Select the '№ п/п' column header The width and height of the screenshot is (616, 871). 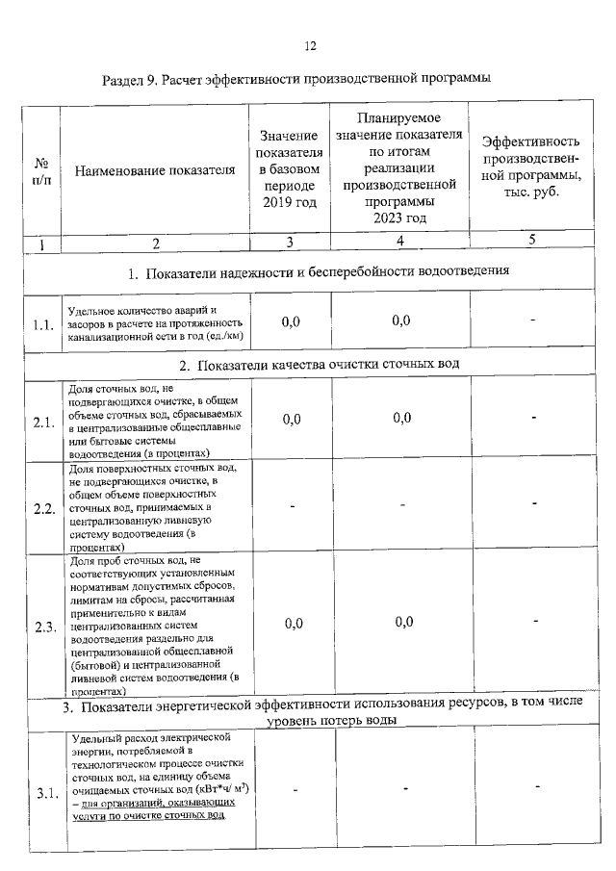click(41, 171)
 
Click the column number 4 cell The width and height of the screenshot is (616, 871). click(399, 241)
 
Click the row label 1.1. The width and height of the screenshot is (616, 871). click(41, 325)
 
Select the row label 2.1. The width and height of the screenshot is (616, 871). click(41, 422)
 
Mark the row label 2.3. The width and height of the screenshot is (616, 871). click(41, 627)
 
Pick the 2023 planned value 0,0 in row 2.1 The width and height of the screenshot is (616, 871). click(401, 418)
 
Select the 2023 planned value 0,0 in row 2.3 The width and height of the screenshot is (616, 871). click(401, 622)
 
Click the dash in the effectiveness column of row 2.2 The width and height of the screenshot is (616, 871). click(532, 504)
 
